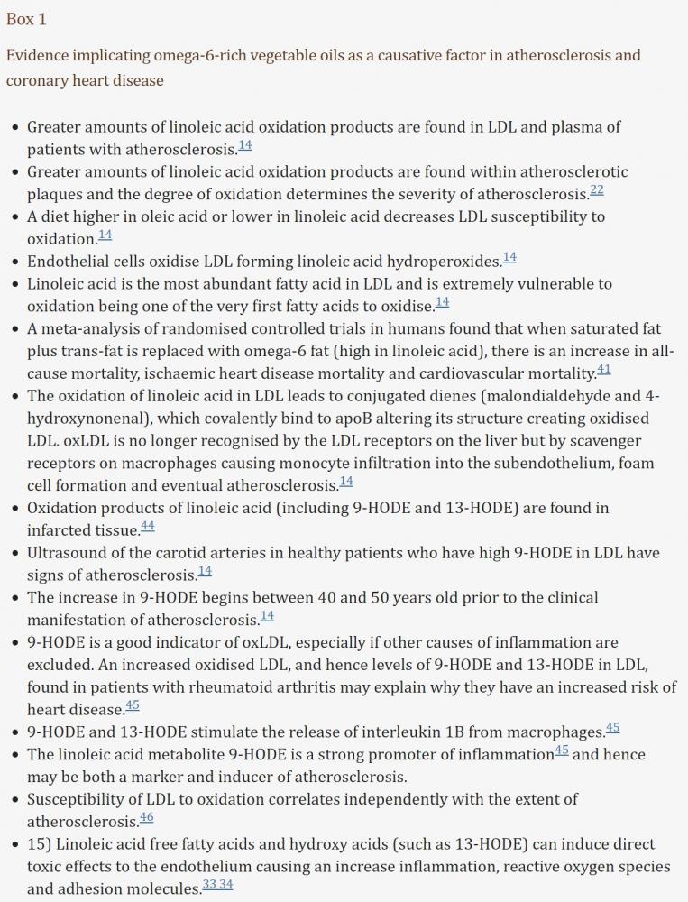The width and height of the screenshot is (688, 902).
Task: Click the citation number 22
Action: [597, 189]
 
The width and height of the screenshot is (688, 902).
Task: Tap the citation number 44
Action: [148, 525]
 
